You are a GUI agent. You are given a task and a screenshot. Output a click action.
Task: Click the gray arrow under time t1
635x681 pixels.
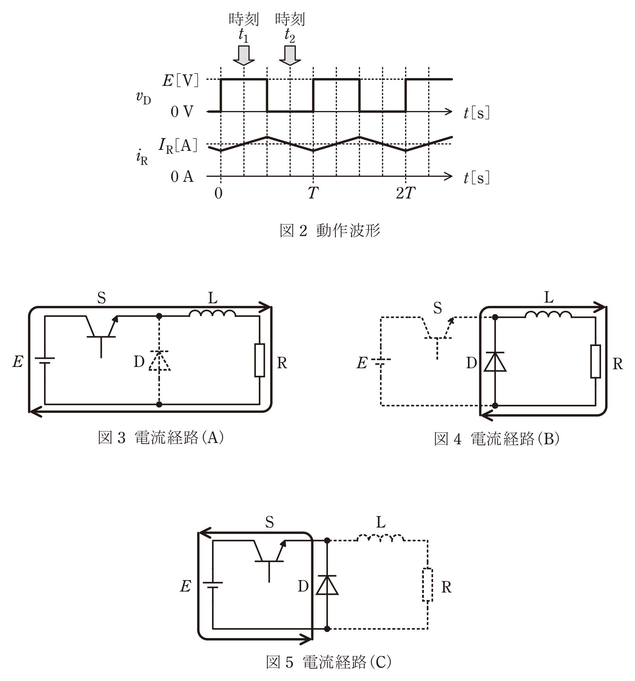coord(244,55)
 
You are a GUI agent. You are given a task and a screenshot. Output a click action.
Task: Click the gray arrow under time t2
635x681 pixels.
coord(290,55)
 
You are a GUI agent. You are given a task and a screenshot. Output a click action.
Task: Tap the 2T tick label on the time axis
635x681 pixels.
coord(406,193)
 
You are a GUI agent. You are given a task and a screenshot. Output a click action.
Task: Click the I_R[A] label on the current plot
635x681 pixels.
coord(178,146)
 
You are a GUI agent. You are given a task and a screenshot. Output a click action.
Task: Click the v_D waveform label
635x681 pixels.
coord(144,98)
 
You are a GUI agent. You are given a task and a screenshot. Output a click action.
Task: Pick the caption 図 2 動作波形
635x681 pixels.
coord(330,230)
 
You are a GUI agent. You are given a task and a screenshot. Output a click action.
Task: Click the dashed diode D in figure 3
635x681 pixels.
coord(159,361)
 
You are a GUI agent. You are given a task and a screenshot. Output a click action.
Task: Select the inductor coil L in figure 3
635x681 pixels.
coord(212,313)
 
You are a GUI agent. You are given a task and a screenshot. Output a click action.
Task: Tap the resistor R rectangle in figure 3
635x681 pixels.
coord(259,360)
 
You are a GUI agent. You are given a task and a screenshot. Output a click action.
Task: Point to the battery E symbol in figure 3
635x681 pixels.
coord(44,360)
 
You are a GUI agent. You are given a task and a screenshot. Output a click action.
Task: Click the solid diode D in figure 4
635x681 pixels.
coord(495,362)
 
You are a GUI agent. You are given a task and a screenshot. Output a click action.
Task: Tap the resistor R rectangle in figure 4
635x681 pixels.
coord(596,362)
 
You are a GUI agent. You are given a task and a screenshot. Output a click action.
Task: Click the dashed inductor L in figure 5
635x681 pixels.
coord(381,538)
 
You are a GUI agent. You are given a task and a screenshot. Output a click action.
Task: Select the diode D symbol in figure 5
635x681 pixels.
coord(327,585)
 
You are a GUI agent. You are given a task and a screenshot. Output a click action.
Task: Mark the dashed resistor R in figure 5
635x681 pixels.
coord(427,585)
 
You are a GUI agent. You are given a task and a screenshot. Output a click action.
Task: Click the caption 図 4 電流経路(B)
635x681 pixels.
coord(497,439)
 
